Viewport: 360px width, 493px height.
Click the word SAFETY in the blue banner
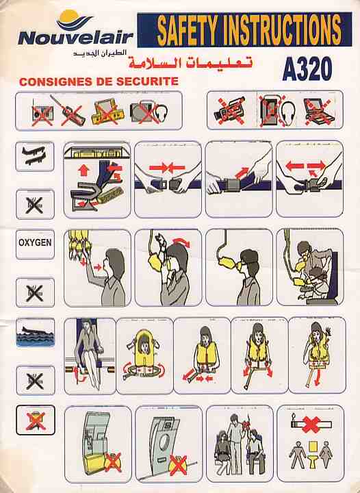coord(187,30)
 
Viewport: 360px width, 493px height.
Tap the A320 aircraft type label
coord(307,69)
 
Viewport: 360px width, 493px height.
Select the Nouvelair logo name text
coord(76,38)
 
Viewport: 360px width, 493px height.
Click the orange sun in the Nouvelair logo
coord(69,16)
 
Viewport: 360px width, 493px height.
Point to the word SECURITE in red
coord(147,81)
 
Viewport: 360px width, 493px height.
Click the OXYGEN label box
coord(35,243)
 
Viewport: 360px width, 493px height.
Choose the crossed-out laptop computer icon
coord(318,111)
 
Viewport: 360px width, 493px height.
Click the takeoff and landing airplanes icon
coord(34,156)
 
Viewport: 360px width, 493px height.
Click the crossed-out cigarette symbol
coord(311,425)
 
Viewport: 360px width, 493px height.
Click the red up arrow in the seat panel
coord(83,170)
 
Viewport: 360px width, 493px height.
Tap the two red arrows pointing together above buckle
coord(167,168)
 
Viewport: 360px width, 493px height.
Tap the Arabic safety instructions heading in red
coord(190,62)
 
